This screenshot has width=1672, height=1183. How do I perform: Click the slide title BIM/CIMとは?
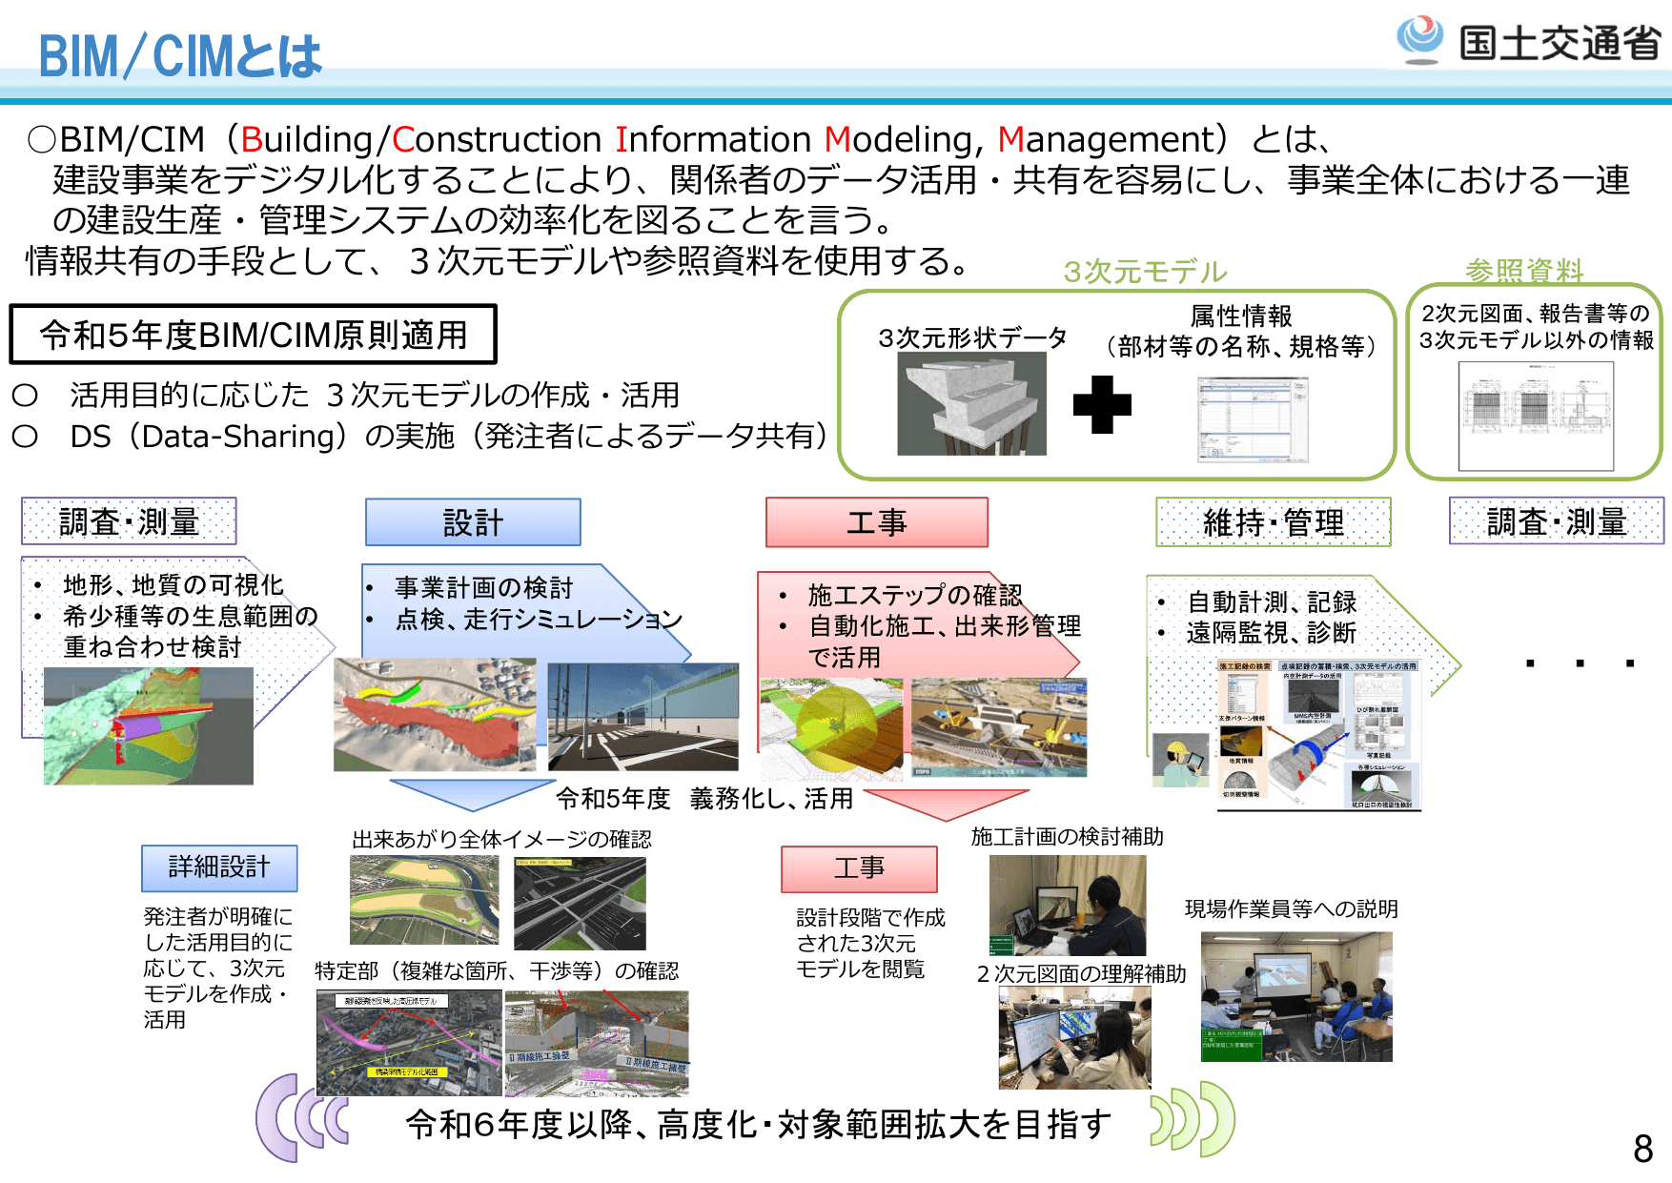click(180, 56)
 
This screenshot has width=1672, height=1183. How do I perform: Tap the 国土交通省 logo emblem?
click(1419, 39)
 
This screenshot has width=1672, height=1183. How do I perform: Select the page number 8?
click(1642, 1149)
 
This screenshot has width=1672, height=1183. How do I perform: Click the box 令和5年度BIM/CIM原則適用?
click(254, 335)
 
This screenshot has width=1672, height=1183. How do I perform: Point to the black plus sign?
click(1102, 405)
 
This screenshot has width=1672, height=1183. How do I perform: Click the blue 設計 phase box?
click(473, 522)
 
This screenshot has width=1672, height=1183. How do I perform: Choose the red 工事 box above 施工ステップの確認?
click(876, 522)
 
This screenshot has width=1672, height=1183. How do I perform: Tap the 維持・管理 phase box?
click(1273, 522)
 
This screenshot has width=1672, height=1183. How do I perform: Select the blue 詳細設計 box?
click(219, 867)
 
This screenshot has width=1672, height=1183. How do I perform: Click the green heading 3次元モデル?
click(1145, 272)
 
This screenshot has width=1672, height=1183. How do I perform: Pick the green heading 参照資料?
click(1523, 271)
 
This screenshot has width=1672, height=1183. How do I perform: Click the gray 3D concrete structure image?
click(971, 403)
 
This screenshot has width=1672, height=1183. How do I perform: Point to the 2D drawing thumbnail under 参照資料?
click(1536, 416)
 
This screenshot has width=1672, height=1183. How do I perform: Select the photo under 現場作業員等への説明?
click(1296, 996)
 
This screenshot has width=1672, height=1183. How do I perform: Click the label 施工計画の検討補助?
click(1067, 837)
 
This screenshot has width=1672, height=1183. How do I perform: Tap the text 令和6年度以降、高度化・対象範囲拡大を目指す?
click(758, 1125)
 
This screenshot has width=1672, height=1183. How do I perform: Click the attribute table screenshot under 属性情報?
click(1253, 419)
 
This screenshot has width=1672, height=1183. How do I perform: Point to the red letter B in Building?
click(252, 140)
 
